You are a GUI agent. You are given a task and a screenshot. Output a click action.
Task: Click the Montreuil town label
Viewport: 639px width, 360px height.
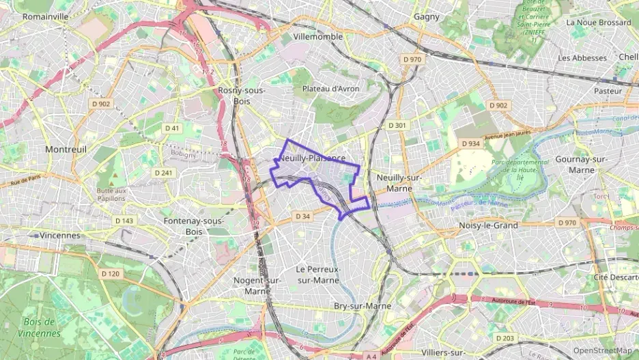click(66, 149)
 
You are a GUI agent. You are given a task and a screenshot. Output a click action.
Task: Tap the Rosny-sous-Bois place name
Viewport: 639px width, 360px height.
click(242, 96)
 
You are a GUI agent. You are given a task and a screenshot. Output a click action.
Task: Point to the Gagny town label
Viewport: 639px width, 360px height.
click(427, 16)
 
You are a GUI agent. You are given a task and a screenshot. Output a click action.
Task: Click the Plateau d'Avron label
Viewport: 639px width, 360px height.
click(330, 89)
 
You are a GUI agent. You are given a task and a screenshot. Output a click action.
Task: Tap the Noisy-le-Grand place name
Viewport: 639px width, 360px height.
click(489, 225)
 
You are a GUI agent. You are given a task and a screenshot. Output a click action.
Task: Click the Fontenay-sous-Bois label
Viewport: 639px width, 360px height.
click(194, 226)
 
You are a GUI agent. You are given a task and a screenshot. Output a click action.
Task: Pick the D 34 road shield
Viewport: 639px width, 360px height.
click(303, 217)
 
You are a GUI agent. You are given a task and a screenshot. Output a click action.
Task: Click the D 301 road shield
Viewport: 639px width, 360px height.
click(397, 126)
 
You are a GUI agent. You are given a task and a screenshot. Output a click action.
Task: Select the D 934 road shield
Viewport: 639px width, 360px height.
click(470, 144)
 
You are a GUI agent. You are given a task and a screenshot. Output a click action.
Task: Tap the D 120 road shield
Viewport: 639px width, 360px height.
click(110, 274)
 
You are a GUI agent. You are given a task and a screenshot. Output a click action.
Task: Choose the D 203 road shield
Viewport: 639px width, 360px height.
click(505, 339)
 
